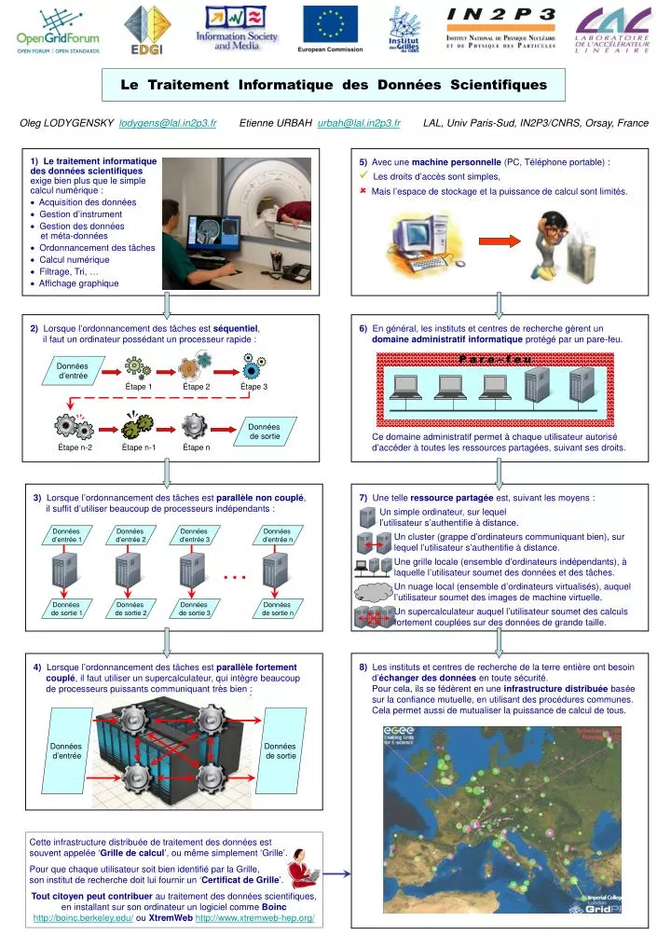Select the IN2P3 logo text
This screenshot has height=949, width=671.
[x=501, y=15]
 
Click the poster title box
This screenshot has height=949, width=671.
[x=334, y=85]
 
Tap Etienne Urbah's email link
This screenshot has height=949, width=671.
[x=359, y=123]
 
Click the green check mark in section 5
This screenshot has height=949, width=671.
[x=364, y=175]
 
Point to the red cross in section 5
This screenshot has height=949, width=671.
[x=363, y=190]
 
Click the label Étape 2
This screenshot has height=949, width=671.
[x=197, y=386]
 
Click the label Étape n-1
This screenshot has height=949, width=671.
[x=139, y=447]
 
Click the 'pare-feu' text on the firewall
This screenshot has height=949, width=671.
[x=495, y=358]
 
